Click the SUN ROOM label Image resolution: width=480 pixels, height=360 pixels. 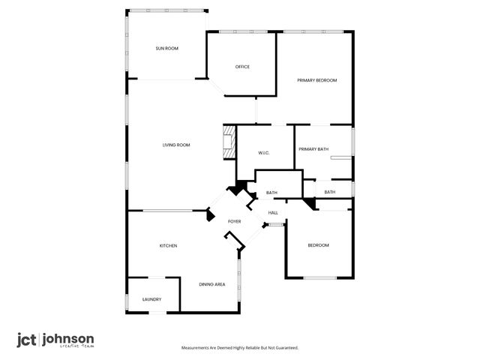coord(166,49)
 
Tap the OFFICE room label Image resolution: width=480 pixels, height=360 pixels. coord(242,67)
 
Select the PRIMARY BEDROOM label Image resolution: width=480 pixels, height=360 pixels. coord(316,80)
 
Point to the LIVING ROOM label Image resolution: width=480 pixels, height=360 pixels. coord(176,145)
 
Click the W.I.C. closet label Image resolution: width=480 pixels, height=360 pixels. coord(263,153)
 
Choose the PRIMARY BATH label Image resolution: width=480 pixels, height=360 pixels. coord(313,149)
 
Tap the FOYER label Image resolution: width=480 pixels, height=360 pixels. coord(235,222)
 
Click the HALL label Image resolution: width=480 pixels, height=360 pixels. coord(274,212)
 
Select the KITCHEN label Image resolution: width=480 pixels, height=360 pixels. coord(168,246)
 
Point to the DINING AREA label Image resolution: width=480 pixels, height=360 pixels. coord(212,284)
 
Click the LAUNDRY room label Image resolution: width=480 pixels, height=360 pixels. coord(152,300)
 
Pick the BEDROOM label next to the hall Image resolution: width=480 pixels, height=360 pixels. coord(318,246)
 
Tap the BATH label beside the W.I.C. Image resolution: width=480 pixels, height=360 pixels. coord(271,193)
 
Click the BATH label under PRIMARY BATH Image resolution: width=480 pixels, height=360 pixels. coord(330,193)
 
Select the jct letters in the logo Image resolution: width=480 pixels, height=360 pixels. coord(28,339)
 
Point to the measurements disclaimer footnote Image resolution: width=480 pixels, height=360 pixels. coord(240,348)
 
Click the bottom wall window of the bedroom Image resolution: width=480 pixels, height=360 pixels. coord(319,278)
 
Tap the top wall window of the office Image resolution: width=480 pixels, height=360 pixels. coord(240,31)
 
